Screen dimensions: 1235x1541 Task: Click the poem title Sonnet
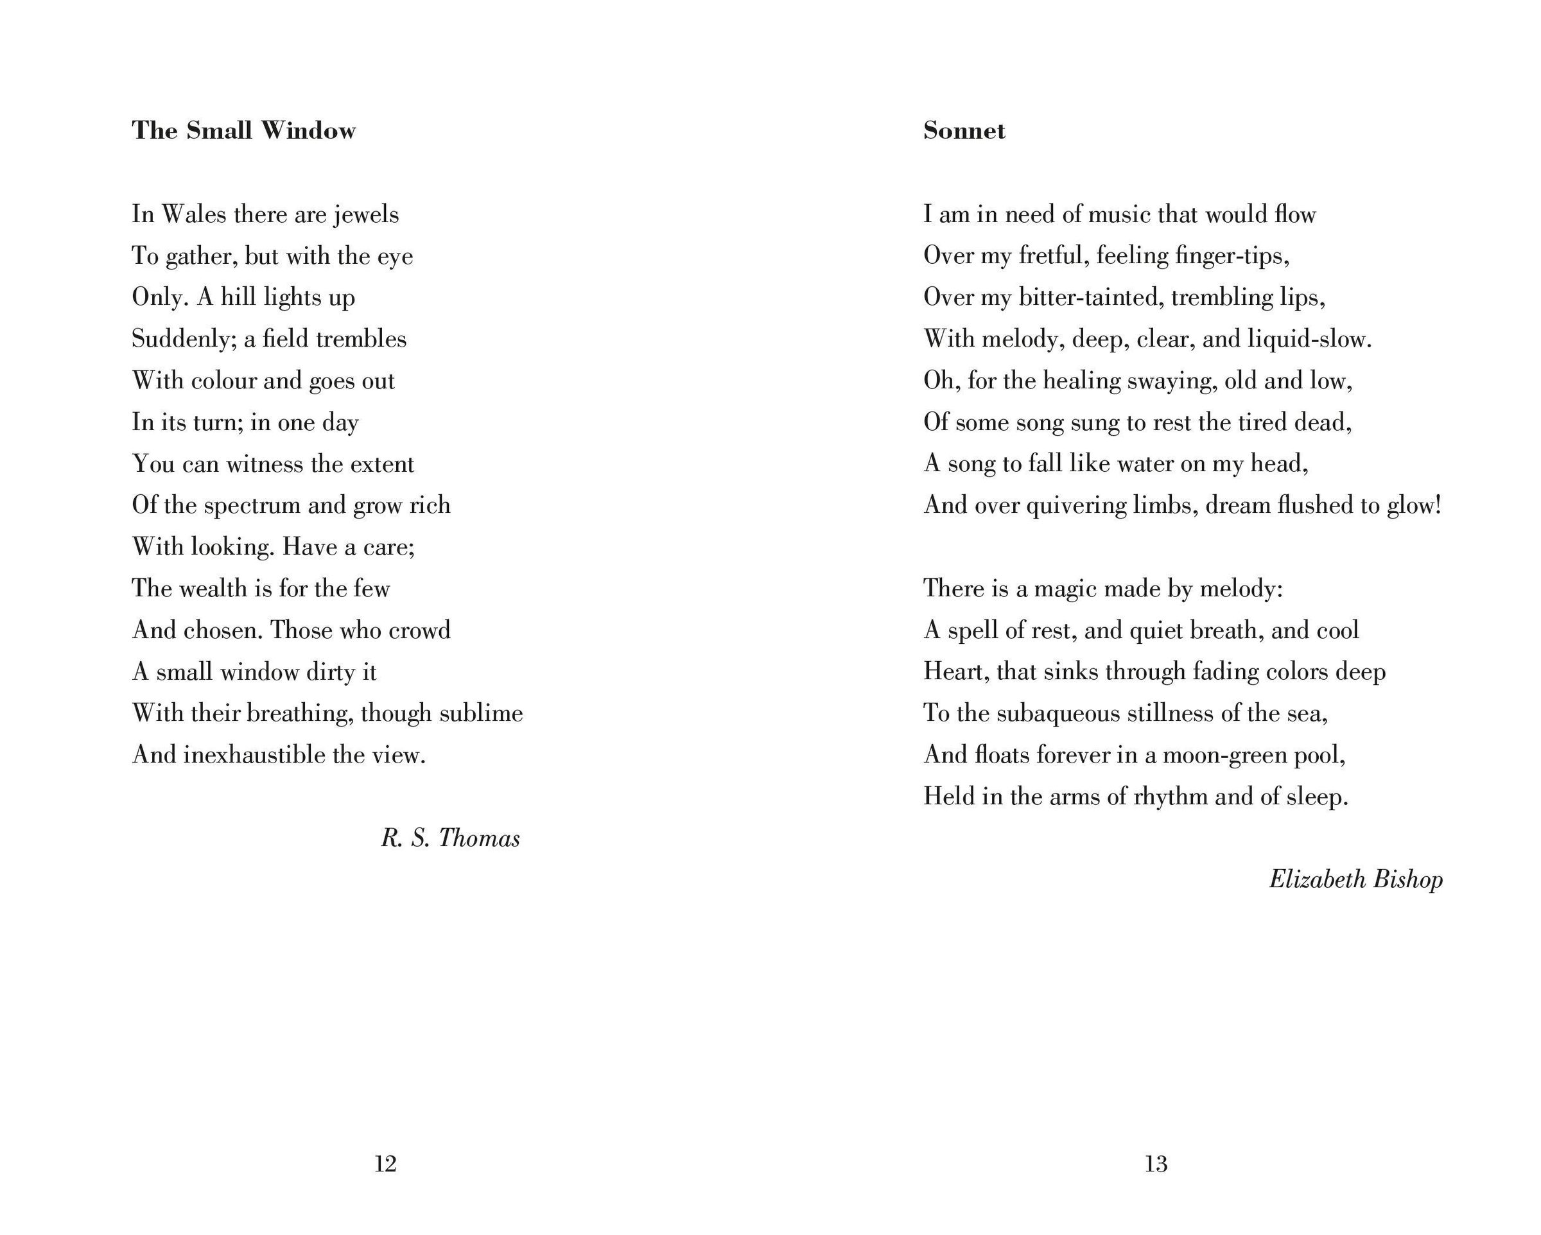coord(964,130)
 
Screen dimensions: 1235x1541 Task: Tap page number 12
coord(385,1164)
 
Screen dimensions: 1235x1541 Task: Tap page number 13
coord(1156,1164)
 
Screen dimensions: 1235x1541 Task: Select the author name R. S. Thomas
coord(450,838)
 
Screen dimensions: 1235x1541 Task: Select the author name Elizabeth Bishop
coord(1355,879)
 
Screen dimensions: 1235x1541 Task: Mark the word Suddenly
coord(184,339)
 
